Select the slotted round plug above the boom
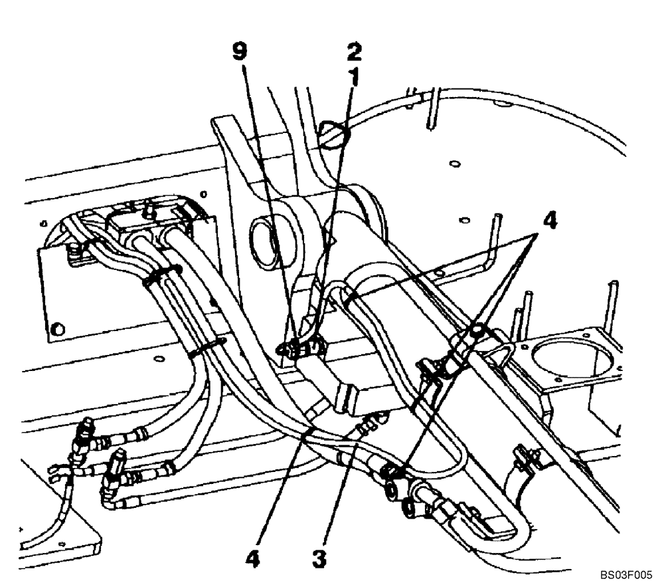pyautogui.click(x=334, y=134)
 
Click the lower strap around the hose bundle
pyautogui.click(x=206, y=346)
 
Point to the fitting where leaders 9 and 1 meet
pyautogui.click(x=302, y=346)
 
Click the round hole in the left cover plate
pyautogui.click(x=58, y=328)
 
